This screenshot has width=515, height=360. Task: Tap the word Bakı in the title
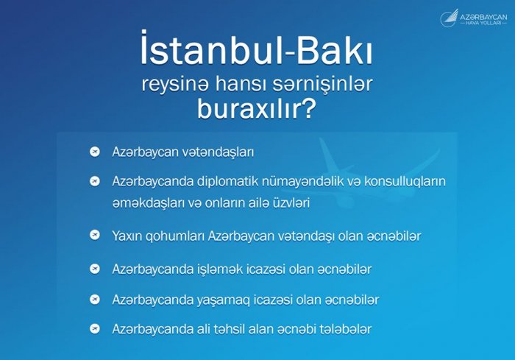click(334, 49)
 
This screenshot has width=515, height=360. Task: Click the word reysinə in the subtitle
click(175, 85)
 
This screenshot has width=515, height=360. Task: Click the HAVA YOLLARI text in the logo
click(483, 24)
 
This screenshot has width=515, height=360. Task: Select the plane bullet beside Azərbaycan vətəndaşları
click(95, 152)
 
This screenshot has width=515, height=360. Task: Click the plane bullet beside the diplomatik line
click(95, 181)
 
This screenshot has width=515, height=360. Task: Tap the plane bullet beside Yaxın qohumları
click(95, 235)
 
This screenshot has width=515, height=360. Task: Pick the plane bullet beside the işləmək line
click(95, 269)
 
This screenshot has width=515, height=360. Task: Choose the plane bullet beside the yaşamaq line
click(95, 300)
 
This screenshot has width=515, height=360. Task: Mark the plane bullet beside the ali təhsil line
click(95, 329)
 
